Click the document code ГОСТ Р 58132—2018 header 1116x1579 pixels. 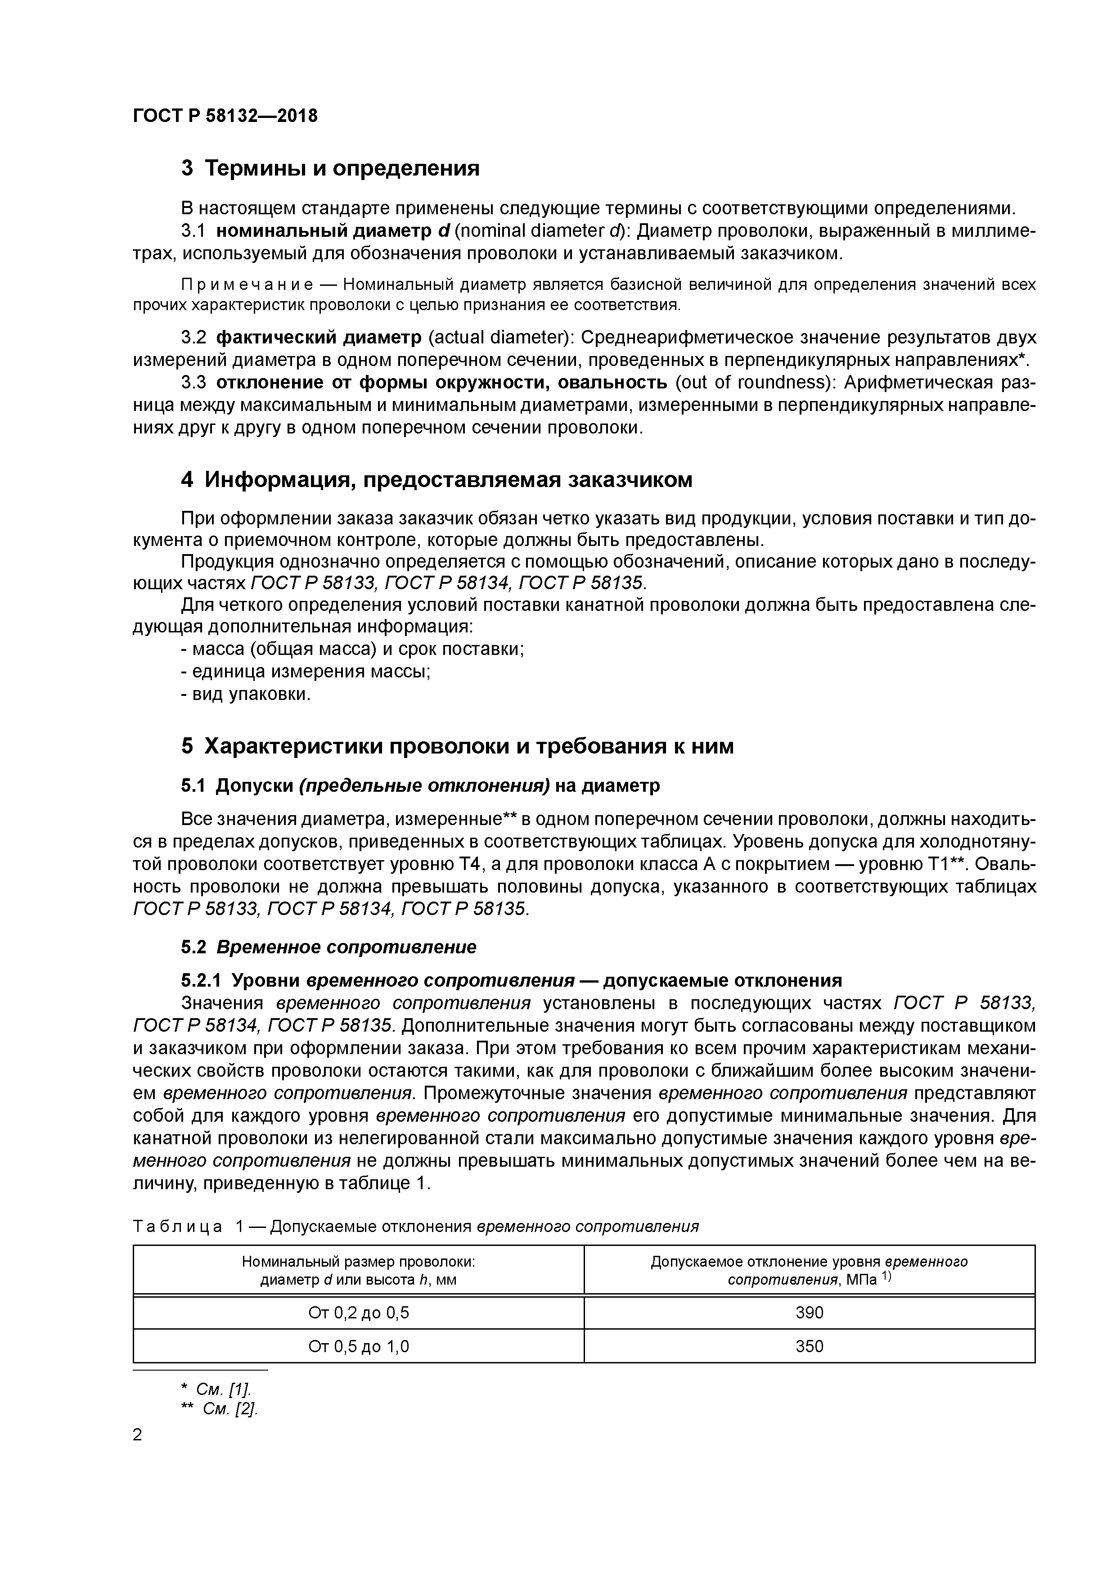(225, 116)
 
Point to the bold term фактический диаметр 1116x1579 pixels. (318, 338)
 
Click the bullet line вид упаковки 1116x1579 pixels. (246, 695)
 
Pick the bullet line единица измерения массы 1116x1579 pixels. (305, 672)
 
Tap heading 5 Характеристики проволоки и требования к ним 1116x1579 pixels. (457, 746)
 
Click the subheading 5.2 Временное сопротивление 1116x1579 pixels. (328, 947)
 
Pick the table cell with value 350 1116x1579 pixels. (809, 1346)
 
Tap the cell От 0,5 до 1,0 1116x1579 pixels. (358, 1346)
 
